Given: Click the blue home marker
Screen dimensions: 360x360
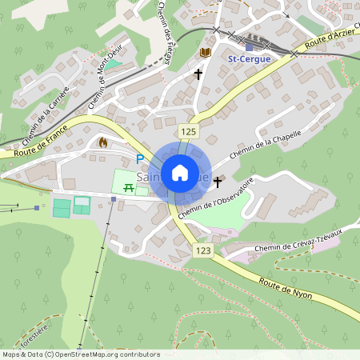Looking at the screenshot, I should point(179,172).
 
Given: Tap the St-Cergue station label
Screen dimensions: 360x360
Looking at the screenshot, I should point(249,58).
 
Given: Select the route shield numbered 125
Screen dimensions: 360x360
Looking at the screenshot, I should point(188,131).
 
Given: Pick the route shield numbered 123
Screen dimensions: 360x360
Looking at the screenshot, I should point(203,251).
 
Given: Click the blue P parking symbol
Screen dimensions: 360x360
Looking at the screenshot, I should point(140,159).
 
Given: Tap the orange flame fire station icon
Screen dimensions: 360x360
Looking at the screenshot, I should point(102,142).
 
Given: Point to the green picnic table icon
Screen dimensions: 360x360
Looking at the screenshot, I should point(128,186).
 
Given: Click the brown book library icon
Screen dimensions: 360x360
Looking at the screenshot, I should point(205,52).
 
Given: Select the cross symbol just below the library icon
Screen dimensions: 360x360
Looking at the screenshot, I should point(198,74).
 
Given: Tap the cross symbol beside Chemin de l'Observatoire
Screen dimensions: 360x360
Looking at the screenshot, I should point(217,182).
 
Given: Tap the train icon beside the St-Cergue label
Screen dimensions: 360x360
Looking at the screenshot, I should point(249,46).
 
